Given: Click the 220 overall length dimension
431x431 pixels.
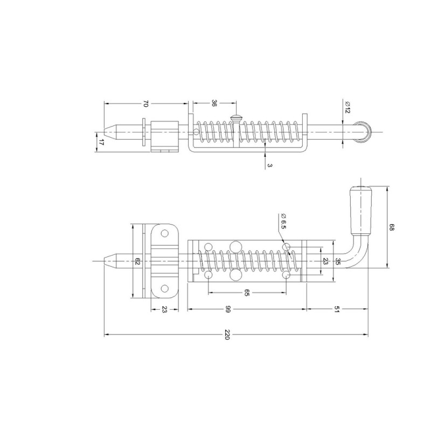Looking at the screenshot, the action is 227,335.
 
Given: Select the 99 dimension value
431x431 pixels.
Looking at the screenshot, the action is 227,309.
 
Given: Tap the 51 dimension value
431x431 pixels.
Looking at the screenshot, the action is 337,309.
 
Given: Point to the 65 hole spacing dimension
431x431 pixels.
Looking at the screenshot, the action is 247,293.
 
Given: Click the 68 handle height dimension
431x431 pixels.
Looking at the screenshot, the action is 392,227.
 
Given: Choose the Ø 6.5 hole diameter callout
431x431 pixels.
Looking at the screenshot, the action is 282,221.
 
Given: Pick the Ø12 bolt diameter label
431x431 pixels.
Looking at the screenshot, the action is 347,107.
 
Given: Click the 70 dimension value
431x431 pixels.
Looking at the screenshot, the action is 145,103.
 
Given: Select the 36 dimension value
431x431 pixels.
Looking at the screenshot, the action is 214,103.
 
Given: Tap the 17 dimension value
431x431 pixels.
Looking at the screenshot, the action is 101,142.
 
